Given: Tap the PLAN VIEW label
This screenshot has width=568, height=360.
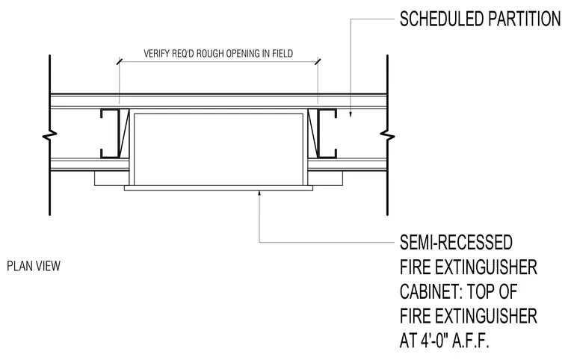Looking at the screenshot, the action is (x=34, y=266).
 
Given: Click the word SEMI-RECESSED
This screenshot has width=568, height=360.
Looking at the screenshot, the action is (x=456, y=242).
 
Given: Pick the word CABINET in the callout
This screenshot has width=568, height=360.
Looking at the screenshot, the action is (x=427, y=291).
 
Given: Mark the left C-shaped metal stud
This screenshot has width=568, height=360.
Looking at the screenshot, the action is (x=110, y=133).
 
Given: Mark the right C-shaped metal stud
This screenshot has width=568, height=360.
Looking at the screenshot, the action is (x=327, y=133).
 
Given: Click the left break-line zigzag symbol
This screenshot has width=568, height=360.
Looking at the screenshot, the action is (x=49, y=135).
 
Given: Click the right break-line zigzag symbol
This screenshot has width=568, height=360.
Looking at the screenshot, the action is (x=387, y=135).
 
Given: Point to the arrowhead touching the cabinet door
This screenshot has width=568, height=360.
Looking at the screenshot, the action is (x=259, y=193).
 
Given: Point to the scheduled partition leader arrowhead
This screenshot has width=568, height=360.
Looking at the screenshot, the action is (x=351, y=114).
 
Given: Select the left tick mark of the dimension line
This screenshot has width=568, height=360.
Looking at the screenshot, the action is (x=119, y=61).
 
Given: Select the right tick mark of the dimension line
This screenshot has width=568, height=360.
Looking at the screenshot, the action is (x=318, y=61).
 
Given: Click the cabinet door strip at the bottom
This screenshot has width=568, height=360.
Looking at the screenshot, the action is (x=218, y=188).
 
